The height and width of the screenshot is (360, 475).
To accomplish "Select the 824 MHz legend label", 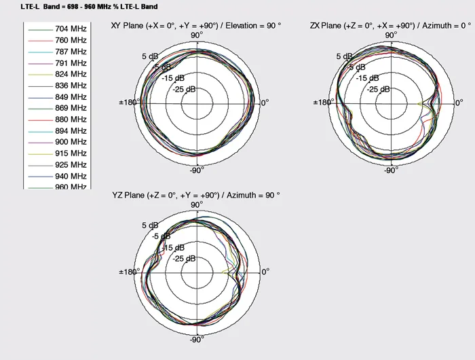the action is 71,74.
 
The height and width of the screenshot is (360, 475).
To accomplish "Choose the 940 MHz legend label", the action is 71,176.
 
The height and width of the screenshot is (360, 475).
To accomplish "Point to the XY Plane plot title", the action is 196,26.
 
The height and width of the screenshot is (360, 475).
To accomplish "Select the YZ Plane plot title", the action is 196,195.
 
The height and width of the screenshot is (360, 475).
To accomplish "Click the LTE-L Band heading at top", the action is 89,7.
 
